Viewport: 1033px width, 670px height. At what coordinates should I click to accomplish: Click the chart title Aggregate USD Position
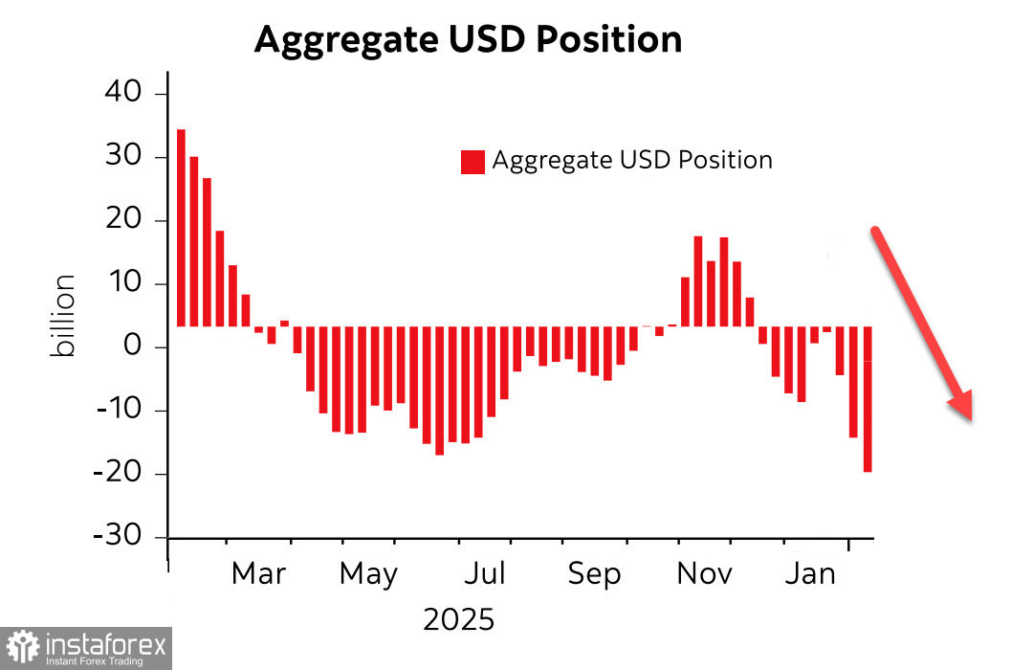[468, 39]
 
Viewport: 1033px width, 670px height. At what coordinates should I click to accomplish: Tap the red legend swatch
[473, 162]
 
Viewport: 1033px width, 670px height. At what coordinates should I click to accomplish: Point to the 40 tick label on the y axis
[122, 94]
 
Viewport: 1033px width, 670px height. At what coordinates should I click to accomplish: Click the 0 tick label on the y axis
[132, 347]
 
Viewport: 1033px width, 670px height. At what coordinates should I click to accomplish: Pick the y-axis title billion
[63, 316]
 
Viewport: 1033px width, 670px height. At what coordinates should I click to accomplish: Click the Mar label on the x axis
[258, 574]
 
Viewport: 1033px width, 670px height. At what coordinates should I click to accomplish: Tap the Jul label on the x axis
[485, 574]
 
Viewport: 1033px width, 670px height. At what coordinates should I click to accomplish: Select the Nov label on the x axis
[704, 574]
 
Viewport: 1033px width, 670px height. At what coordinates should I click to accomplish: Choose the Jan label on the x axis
[809, 574]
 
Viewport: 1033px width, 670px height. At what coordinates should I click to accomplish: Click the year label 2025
[459, 619]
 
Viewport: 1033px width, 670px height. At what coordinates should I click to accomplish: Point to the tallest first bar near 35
[181, 228]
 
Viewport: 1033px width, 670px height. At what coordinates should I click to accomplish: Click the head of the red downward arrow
[961, 406]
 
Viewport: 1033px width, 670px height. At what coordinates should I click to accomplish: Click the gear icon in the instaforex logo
[23, 648]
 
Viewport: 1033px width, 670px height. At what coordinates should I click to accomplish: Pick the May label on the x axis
[368, 574]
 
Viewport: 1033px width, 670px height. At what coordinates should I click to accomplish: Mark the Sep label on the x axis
[594, 574]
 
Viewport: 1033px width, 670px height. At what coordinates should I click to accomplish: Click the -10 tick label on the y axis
[119, 411]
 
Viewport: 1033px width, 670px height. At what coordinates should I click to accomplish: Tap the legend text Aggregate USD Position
[632, 160]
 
